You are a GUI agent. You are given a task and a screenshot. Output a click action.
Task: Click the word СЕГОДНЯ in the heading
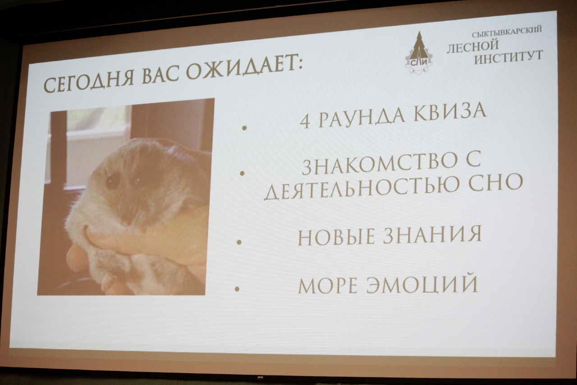(x=89, y=80)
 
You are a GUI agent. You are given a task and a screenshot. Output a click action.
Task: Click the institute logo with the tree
(x=419, y=53)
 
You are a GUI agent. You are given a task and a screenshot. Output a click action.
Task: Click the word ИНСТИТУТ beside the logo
(x=509, y=57)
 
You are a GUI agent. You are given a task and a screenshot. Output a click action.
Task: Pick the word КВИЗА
(x=449, y=113)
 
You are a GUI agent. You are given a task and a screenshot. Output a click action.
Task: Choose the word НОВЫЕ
(x=336, y=237)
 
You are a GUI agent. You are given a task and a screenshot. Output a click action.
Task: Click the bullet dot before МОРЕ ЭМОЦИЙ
(x=237, y=289)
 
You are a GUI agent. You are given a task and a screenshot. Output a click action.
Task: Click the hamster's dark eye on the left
(x=113, y=181)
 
